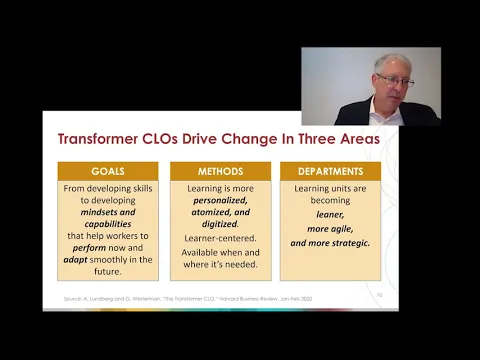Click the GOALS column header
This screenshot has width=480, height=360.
[x=107, y=171]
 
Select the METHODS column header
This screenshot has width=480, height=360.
[x=220, y=171]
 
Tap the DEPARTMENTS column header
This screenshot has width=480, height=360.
[x=329, y=171]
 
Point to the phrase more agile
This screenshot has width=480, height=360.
[x=329, y=227]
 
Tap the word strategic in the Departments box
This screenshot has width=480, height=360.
[x=346, y=242]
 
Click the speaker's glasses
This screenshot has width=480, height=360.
[x=395, y=80]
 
